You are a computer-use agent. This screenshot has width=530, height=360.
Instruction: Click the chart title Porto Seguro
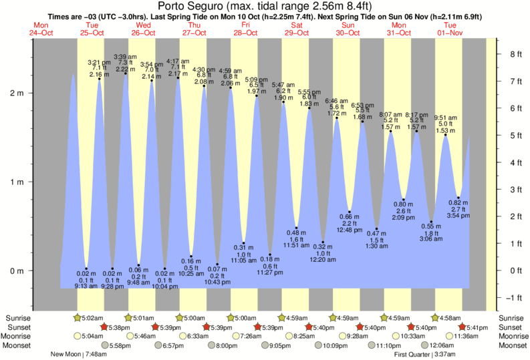265,6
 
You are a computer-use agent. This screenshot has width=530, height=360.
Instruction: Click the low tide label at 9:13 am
85,280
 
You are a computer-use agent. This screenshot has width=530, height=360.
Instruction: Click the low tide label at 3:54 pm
458,209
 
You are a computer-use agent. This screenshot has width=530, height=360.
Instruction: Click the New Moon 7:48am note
77,355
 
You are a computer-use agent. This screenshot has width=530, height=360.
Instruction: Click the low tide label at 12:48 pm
349,222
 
